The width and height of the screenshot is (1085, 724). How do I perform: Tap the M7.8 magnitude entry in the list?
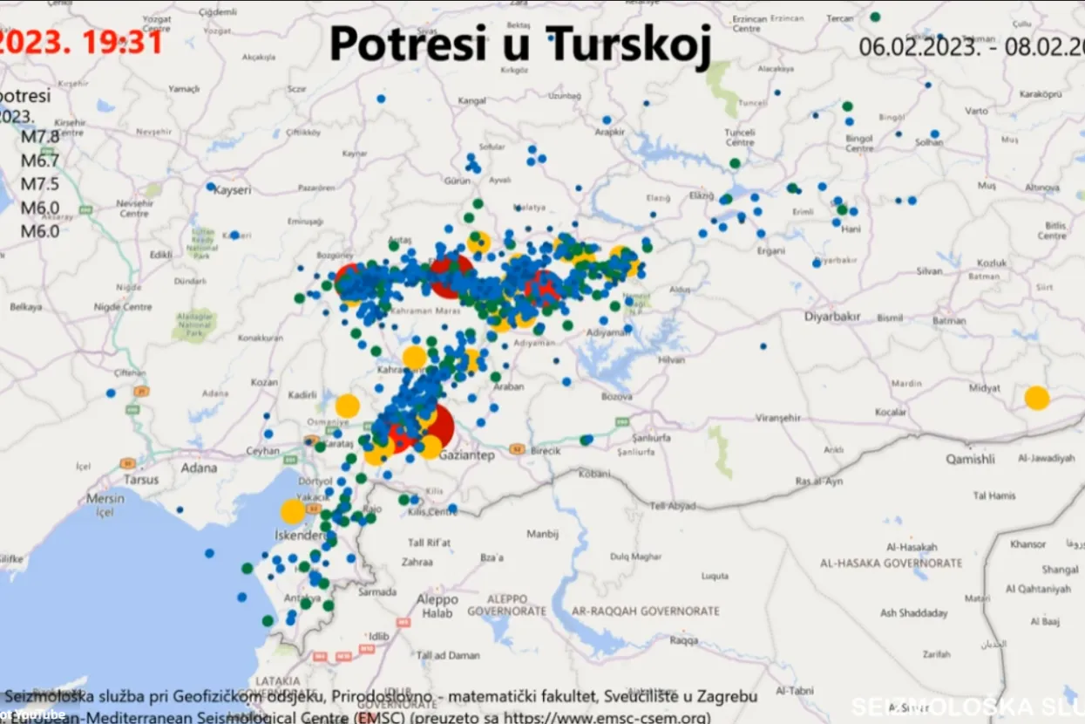coord(40,137)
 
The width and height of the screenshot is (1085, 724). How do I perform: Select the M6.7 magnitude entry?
coord(40,161)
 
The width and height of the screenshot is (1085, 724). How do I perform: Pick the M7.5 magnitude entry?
coord(40,184)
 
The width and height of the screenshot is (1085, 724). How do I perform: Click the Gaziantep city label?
coord(467,455)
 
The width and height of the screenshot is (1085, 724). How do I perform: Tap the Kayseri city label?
coord(232,189)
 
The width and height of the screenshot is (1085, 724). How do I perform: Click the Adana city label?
coord(199,468)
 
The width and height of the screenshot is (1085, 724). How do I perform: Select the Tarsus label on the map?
coord(141,480)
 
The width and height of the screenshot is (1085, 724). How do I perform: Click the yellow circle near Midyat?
coord(1036,398)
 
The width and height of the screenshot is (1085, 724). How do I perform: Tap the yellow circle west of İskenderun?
coord(293,512)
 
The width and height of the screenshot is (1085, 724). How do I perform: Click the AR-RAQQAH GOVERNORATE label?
coord(647,611)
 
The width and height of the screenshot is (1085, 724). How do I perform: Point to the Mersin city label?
coord(105,499)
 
